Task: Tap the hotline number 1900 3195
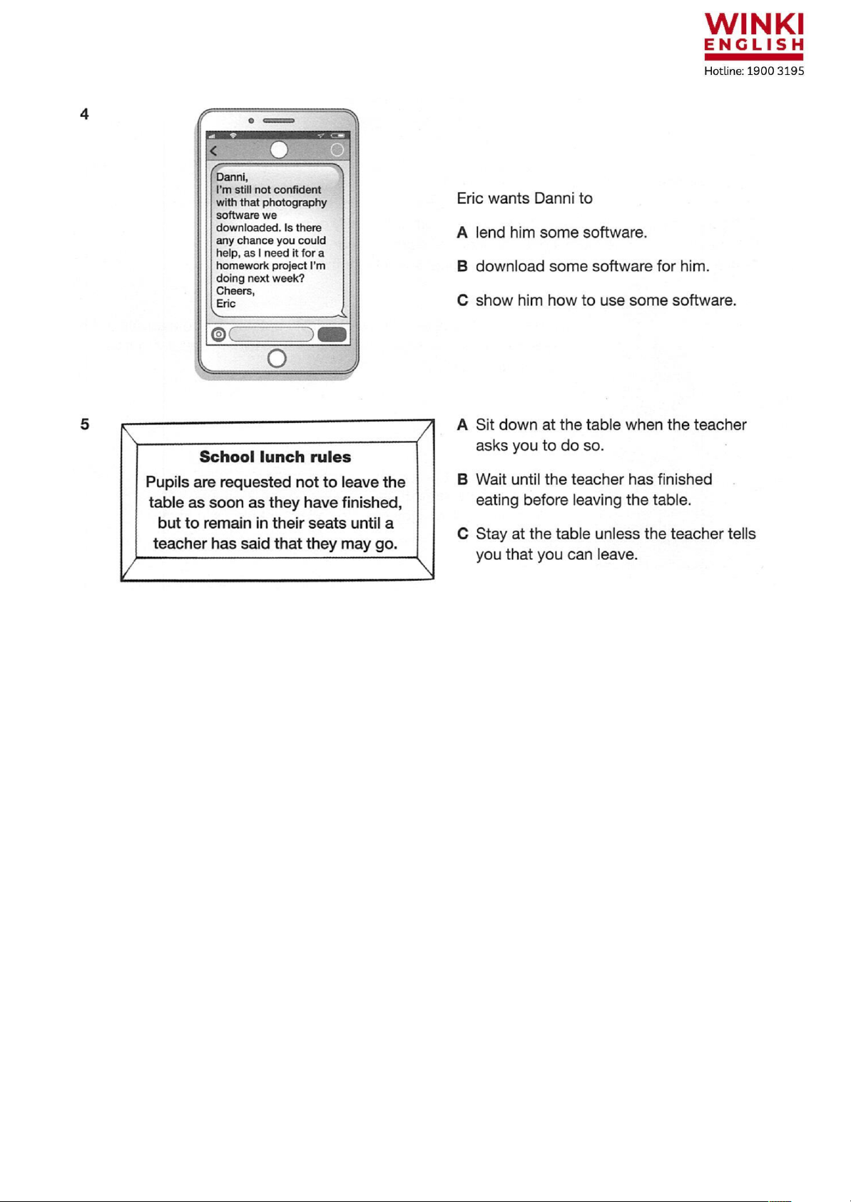tap(775, 71)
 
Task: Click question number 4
tap(84, 114)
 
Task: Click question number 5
tap(84, 424)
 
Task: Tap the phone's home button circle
tap(277, 358)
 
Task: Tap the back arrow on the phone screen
tap(213, 151)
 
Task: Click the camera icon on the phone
tap(218, 335)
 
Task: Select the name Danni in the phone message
tap(231, 177)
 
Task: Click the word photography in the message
tap(295, 203)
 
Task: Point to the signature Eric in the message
tap(225, 304)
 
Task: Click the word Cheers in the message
tap(234, 291)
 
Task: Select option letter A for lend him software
tap(462, 233)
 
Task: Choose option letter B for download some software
tap(462, 267)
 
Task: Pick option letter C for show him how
tap(462, 300)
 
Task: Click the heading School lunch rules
tap(275, 457)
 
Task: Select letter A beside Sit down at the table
tap(462, 425)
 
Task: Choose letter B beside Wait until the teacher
tap(462, 479)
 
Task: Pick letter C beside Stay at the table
tap(462, 534)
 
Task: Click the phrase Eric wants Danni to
tap(524, 198)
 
